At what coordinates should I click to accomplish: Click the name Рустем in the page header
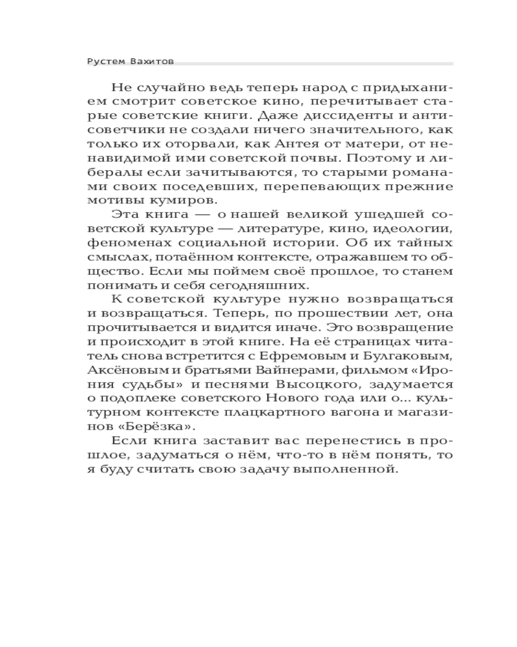104,61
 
